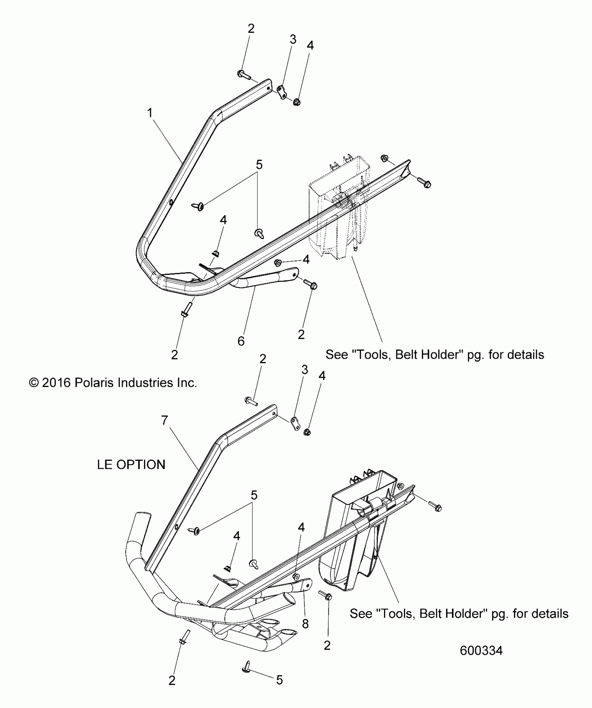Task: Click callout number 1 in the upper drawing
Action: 150,113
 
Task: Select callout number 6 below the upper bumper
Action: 241,341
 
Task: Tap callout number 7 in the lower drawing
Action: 165,421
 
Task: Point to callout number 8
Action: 305,624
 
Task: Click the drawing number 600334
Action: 481,651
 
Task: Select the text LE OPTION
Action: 131,465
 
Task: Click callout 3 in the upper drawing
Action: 293,39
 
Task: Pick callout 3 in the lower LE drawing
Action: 304,369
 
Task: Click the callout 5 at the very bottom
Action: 279,680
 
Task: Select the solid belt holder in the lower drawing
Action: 352,543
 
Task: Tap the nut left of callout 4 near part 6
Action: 278,262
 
